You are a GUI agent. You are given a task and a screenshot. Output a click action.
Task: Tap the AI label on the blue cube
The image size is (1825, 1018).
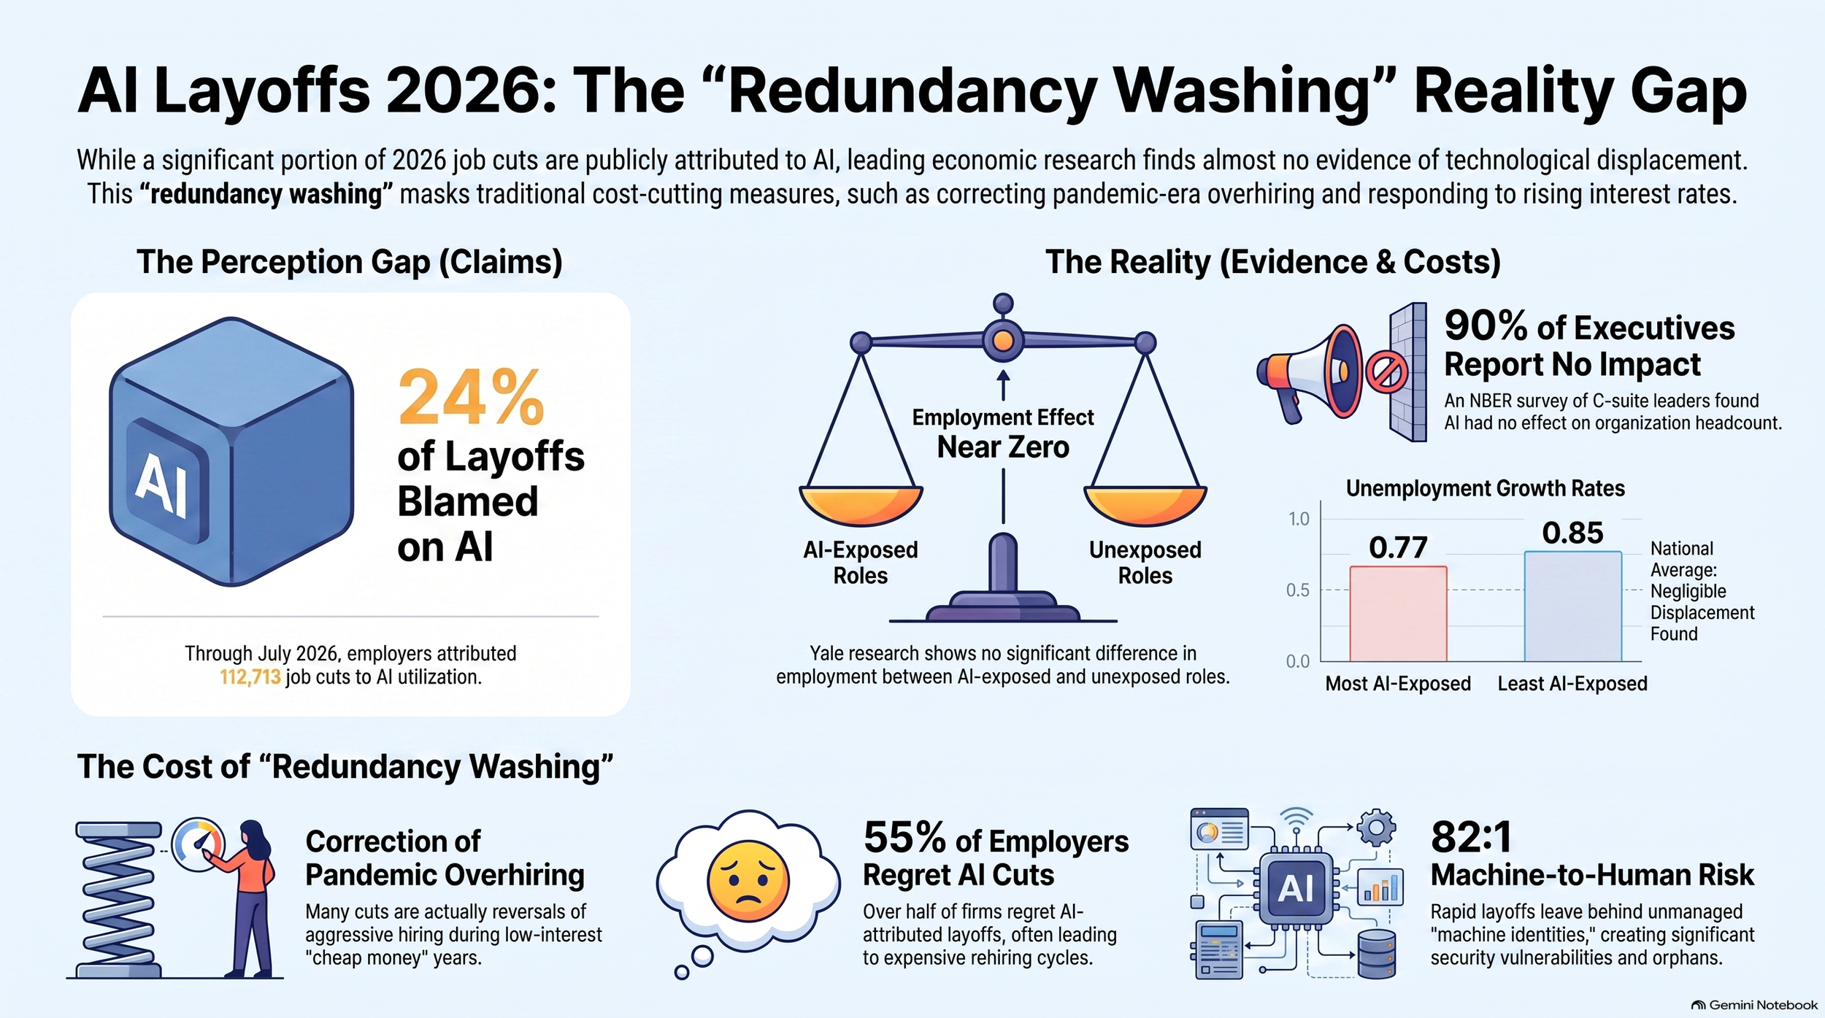click(162, 484)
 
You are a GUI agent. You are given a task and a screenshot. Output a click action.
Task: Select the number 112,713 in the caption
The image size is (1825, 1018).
click(250, 677)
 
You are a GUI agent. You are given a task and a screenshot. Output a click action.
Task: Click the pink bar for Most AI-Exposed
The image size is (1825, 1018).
click(1398, 614)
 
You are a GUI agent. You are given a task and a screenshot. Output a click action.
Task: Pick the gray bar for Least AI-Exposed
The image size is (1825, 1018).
click(1572, 606)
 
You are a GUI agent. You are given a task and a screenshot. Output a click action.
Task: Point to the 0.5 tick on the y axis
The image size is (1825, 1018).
click(1298, 590)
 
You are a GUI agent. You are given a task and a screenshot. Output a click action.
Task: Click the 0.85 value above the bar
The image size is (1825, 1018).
click(1572, 533)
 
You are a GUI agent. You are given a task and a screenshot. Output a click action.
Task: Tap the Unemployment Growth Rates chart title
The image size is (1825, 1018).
click(1485, 488)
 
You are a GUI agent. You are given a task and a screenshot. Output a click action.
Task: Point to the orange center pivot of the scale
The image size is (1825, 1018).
click(1003, 340)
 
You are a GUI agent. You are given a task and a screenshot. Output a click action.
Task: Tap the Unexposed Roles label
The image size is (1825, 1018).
click(1145, 563)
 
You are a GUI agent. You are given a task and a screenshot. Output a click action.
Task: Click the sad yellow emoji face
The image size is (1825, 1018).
click(748, 880)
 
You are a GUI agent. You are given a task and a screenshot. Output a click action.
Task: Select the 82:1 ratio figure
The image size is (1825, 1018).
click(1470, 837)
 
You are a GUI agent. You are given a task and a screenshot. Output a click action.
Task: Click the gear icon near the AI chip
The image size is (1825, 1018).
click(1376, 828)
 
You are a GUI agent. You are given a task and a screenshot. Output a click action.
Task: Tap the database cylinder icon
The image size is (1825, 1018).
click(1377, 953)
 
